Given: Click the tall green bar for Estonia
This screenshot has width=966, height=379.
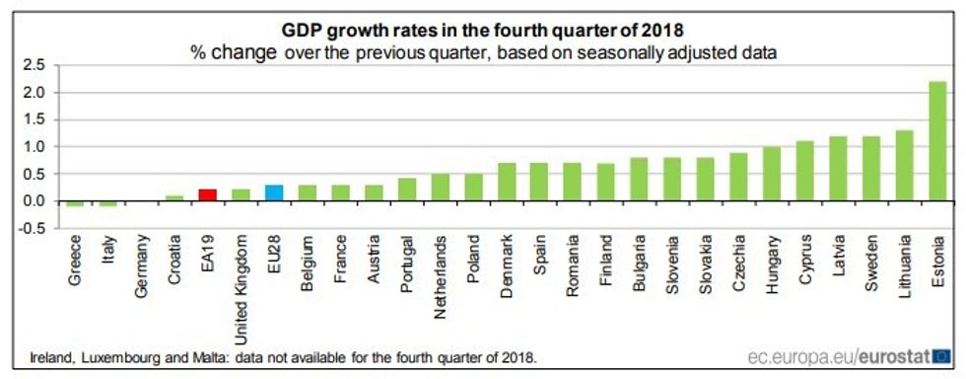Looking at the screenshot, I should [x=937, y=142].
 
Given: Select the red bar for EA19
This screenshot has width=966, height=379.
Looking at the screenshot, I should [x=207, y=194].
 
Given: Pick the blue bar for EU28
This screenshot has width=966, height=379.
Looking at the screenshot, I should [x=274, y=192].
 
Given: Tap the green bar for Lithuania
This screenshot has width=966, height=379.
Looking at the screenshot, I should [x=904, y=166].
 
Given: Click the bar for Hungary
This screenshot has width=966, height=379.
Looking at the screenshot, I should [x=771, y=174].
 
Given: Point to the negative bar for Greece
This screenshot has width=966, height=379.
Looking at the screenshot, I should [x=75, y=203].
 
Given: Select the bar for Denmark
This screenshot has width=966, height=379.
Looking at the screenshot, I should [x=506, y=183].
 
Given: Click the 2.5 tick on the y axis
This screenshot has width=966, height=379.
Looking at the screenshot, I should [x=34, y=65].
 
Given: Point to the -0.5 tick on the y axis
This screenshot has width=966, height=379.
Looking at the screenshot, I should [x=33, y=228].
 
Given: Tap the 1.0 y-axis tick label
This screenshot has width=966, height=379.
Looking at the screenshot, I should [x=34, y=147].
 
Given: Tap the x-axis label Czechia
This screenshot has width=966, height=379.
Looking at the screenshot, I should [x=738, y=260].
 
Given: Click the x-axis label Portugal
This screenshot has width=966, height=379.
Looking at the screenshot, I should [x=406, y=262].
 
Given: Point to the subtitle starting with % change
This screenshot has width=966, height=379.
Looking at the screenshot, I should [x=483, y=53].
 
